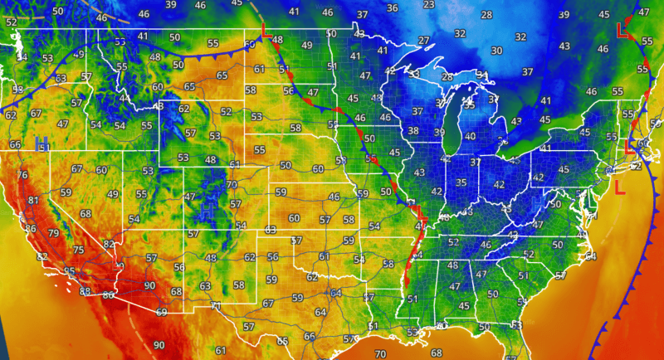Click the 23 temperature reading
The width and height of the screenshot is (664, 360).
point(429,5)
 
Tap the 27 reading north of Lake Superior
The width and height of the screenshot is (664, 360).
point(424,41)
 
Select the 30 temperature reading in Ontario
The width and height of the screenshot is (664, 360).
point(496,51)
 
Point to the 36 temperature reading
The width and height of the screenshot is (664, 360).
point(393,8)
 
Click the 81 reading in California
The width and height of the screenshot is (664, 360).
point(33,201)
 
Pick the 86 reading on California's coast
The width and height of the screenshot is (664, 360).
point(31,229)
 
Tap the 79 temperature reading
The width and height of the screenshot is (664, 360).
point(55,234)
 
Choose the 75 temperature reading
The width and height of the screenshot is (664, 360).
point(78,251)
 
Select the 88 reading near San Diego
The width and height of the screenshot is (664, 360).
point(85,291)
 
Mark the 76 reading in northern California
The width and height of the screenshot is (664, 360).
point(22,175)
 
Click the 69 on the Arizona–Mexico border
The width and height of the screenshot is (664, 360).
point(161,313)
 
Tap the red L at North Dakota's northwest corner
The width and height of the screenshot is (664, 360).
point(265,31)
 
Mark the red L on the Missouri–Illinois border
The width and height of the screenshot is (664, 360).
point(420,216)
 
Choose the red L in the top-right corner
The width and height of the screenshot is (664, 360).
point(622,30)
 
